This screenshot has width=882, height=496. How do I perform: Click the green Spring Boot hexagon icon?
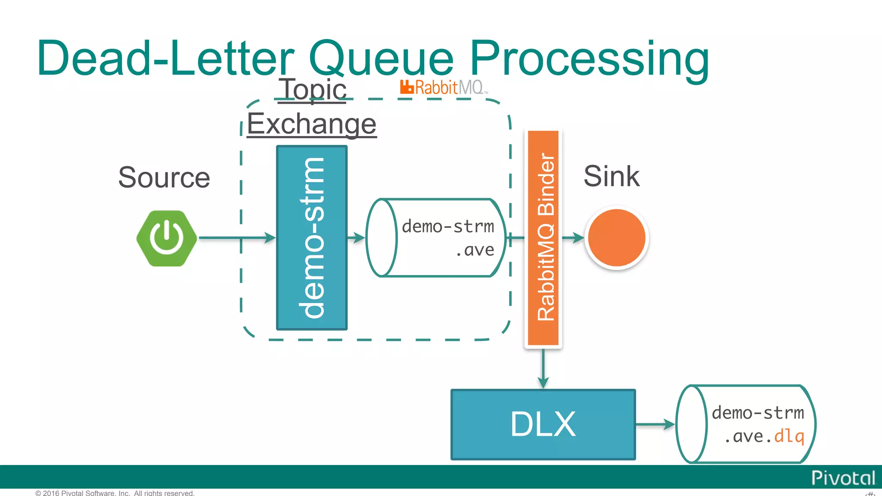pyautogui.click(x=167, y=238)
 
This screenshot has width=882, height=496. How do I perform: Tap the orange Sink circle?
pyautogui.click(x=616, y=238)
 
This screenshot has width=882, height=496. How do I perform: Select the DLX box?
pyautogui.click(x=543, y=425)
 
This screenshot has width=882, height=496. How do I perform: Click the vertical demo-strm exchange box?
pyautogui.click(x=312, y=238)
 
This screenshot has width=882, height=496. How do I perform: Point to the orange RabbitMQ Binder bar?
pyautogui.click(x=543, y=238)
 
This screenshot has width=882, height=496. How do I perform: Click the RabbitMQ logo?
pyautogui.click(x=444, y=87)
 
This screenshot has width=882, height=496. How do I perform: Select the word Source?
pyautogui.click(x=164, y=177)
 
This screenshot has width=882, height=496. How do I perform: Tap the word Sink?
pyautogui.click(x=611, y=176)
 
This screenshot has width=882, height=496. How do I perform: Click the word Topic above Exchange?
pyautogui.click(x=313, y=90)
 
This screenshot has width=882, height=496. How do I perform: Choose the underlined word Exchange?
pyautogui.click(x=312, y=124)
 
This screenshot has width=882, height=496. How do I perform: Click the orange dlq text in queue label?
pyautogui.click(x=789, y=436)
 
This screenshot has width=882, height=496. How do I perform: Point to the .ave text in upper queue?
pyautogui.click(x=475, y=250)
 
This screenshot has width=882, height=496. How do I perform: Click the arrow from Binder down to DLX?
pyautogui.click(x=543, y=369)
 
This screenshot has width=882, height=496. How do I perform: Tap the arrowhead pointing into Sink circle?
pyautogui.click(x=579, y=238)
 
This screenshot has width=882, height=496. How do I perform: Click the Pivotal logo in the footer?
pyautogui.click(x=843, y=478)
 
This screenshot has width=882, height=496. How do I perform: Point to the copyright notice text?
pyautogui.click(x=115, y=493)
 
